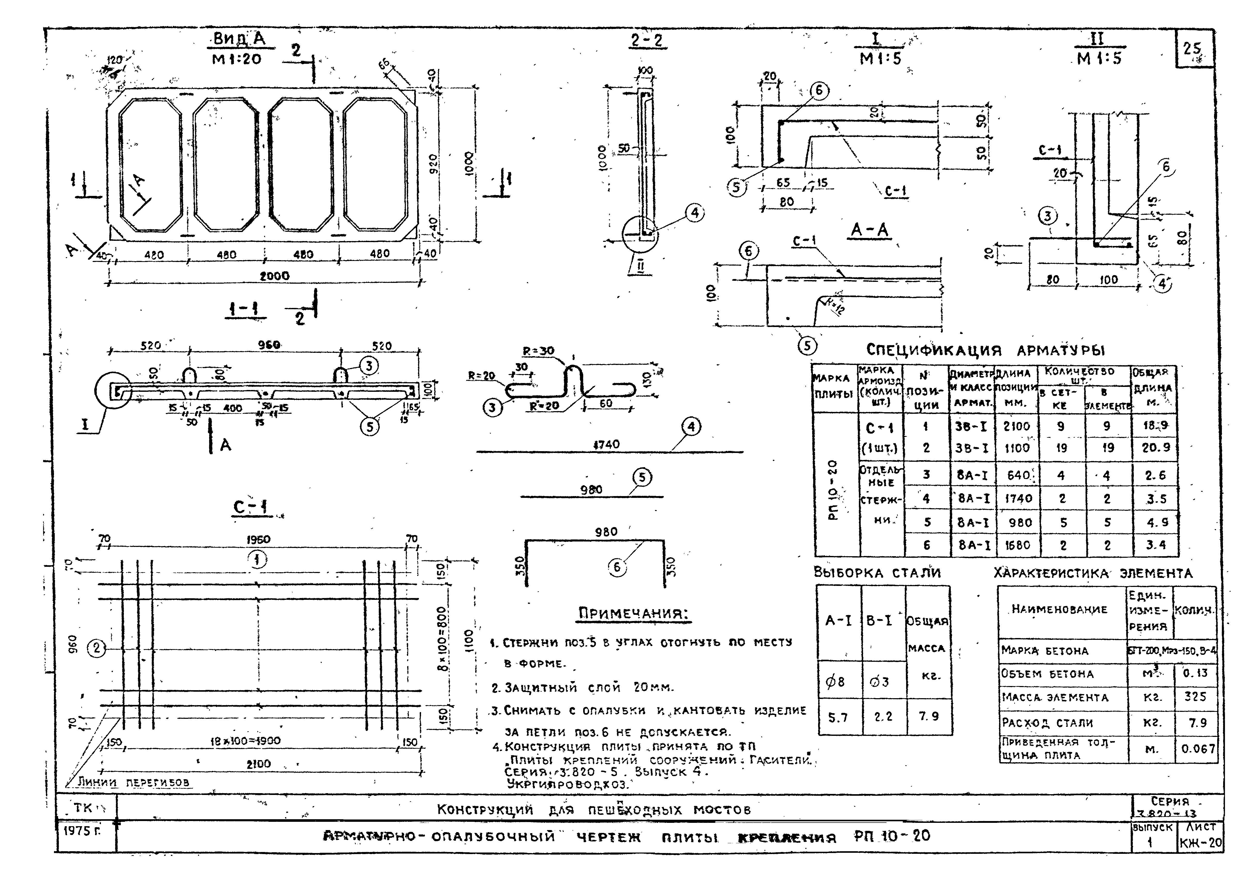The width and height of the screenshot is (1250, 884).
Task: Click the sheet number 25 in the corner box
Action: click(x=1192, y=49)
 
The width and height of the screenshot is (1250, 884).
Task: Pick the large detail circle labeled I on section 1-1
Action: click(x=113, y=391)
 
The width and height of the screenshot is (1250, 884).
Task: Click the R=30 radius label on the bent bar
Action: click(x=538, y=351)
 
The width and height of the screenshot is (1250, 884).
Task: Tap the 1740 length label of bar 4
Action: click(x=606, y=444)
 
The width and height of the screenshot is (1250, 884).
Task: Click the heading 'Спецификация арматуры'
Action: click(x=985, y=350)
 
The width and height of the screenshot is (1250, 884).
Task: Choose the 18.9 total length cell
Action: click(x=1155, y=426)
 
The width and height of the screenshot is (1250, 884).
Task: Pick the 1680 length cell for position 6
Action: click(x=1017, y=545)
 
